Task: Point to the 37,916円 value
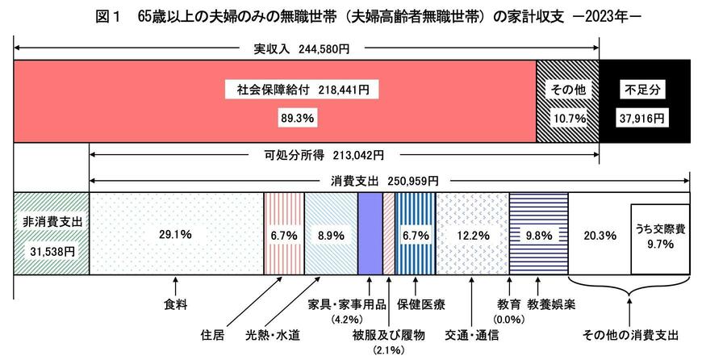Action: [x=642, y=117]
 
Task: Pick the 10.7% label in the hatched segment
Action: [x=567, y=117]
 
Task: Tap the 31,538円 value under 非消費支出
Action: [x=50, y=250]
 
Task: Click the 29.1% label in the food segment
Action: [x=176, y=235]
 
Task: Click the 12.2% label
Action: [x=472, y=235]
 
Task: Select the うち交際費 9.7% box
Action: [x=659, y=236]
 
